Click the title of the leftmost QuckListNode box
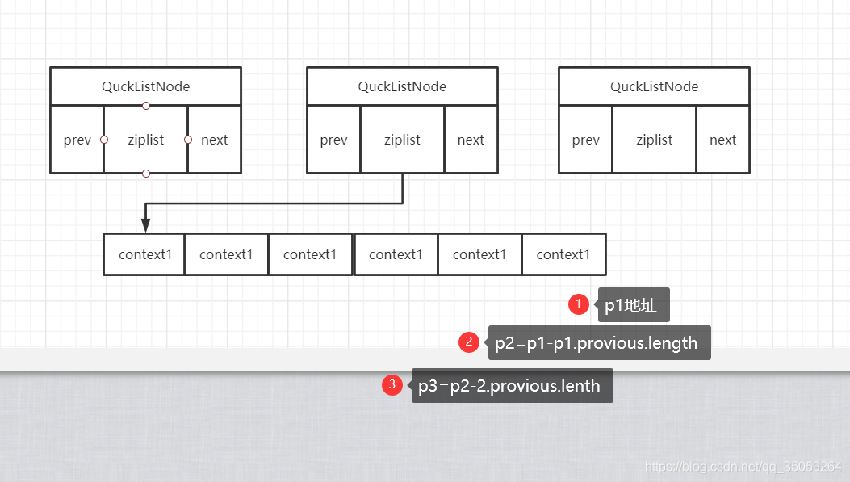pyautogui.click(x=145, y=86)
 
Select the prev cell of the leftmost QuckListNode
pyautogui.click(x=77, y=140)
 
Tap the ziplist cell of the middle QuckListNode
pyautogui.click(x=402, y=140)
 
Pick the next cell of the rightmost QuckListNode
pyautogui.click(x=722, y=140)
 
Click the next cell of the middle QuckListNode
pyautogui.click(x=471, y=140)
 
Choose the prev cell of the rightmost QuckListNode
pyautogui.click(x=586, y=140)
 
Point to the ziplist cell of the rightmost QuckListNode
pyautogui.click(x=654, y=140)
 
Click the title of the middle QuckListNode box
pyautogui.click(x=402, y=86)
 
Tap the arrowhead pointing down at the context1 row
pyautogui.click(x=145, y=225)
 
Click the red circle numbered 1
pyautogui.click(x=578, y=304)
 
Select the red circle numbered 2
pyautogui.click(x=469, y=342)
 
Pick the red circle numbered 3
pyautogui.click(x=392, y=385)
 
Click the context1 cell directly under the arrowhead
pyautogui.click(x=145, y=254)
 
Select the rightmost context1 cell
pyautogui.click(x=563, y=254)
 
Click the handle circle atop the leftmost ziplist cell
pyautogui.click(x=146, y=106)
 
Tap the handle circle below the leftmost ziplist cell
pyautogui.click(x=146, y=174)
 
